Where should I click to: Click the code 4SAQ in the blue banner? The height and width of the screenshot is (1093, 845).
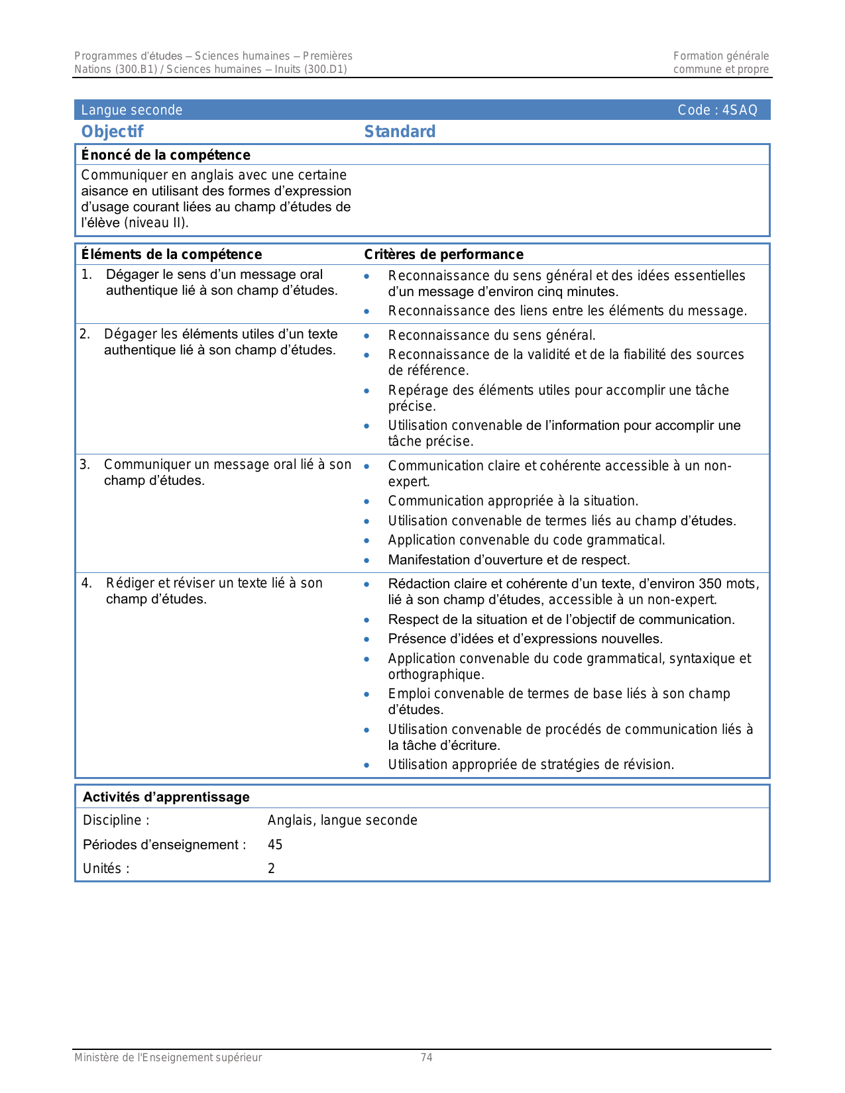(739, 111)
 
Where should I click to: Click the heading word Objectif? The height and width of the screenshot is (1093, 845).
(112, 132)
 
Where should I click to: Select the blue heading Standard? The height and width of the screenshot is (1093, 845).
(400, 132)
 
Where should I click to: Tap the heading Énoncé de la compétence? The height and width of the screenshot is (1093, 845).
(166, 155)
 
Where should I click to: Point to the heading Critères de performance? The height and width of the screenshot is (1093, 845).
(443, 254)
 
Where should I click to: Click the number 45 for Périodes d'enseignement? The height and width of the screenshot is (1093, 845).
(275, 845)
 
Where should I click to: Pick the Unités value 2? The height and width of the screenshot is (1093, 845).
(271, 868)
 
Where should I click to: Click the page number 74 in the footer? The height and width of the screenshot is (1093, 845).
(427, 1058)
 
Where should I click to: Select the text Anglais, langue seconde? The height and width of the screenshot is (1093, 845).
(342, 820)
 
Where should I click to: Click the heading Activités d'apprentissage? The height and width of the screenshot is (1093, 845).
(166, 797)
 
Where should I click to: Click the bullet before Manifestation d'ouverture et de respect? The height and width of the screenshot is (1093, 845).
(366, 560)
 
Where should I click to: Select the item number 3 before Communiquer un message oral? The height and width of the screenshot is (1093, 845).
(84, 464)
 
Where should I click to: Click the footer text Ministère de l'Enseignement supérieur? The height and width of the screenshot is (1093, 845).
(168, 1058)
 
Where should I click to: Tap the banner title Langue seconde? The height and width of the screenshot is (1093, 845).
(131, 111)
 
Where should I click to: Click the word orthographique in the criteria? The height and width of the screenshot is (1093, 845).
(435, 674)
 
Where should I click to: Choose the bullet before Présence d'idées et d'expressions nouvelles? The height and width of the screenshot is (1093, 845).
(366, 639)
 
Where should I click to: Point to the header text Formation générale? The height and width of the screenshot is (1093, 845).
(720, 56)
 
